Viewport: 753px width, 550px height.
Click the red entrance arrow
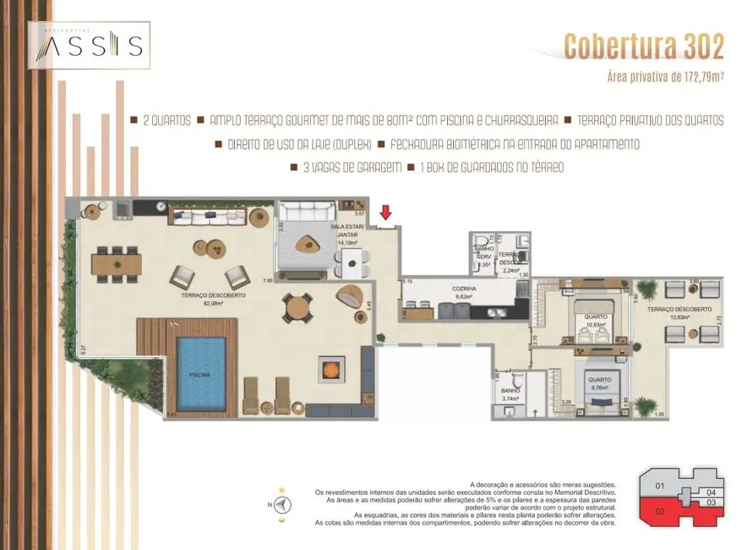(x=386, y=212)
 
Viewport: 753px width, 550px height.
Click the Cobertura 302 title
(x=644, y=47)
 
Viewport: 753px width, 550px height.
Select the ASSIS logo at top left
(x=89, y=44)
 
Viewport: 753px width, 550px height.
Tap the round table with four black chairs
(x=296, y=308)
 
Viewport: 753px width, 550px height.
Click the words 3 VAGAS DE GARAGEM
(x=352, y=168)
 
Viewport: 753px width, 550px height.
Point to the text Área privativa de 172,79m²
(x=665, y=77)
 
